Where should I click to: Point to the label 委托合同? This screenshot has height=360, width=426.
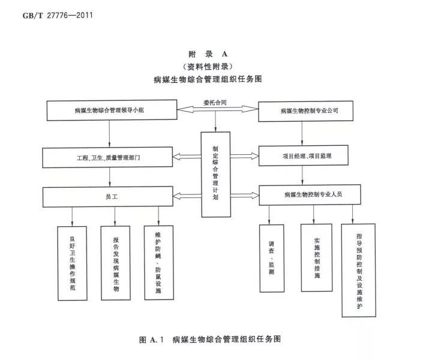[215, 101]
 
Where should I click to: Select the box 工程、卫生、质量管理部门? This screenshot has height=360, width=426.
[108, 158]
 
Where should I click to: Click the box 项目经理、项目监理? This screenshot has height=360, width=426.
[307, 156]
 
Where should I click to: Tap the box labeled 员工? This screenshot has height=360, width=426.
[108, 196]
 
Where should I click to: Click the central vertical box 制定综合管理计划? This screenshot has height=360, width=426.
[215, 174]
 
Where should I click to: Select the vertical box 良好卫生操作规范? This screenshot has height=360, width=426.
[72, 263]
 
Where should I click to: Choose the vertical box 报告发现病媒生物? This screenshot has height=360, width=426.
[116, 263]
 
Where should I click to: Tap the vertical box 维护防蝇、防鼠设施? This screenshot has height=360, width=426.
[158, 262]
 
